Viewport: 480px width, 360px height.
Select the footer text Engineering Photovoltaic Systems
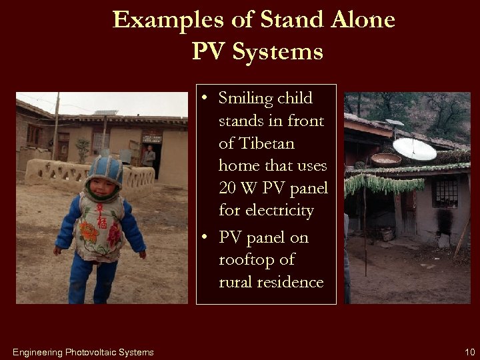(x=83, y=352)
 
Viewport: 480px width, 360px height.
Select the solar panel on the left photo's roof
(x=106, y=113)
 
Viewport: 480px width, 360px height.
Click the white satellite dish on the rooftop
(x=414, y=149)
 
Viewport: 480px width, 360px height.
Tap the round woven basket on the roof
(x=385, y=159)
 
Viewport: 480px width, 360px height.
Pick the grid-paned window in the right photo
(x=444, y=192)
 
